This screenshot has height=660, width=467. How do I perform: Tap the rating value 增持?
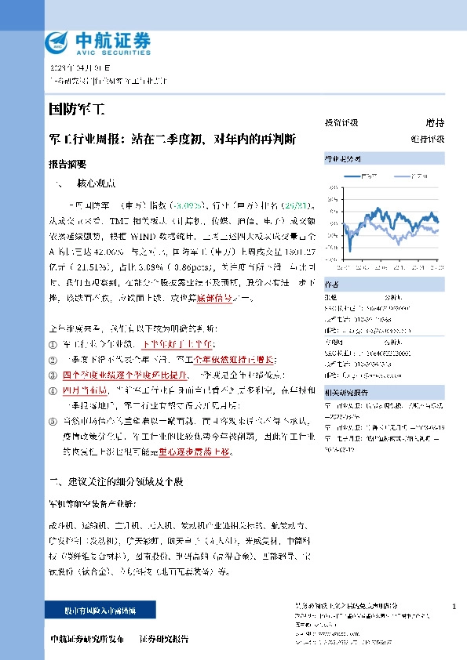[x=435, y=123]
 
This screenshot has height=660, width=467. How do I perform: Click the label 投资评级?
[x=341, y=123]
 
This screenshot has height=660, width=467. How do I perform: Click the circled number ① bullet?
[x=53, y=343]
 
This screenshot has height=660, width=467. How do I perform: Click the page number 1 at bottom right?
[x=454, y=606]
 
